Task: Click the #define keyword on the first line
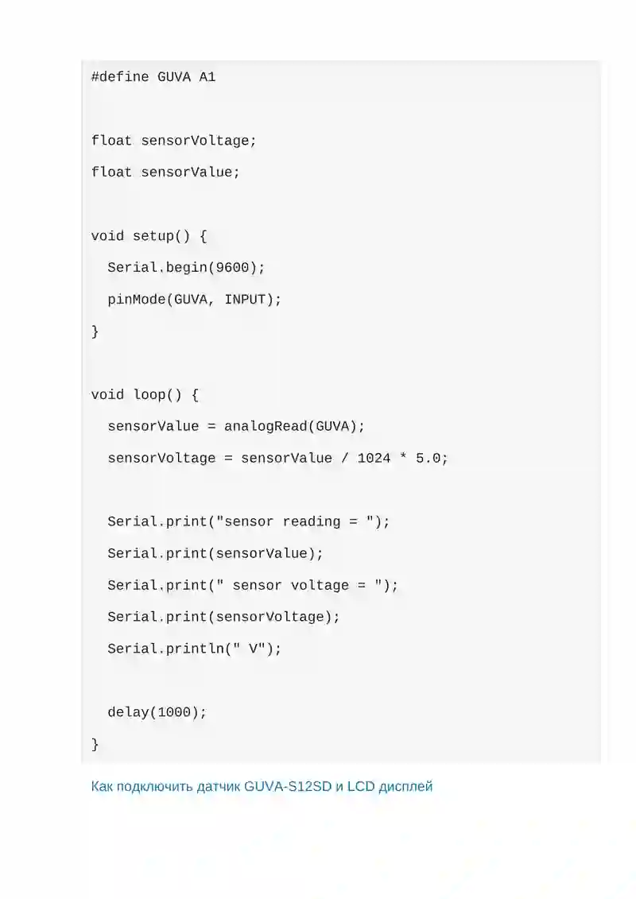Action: coord(120,77)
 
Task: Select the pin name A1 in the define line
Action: coord(207,77)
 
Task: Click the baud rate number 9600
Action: coord(232,268)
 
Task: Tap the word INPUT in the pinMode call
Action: coord(245,300)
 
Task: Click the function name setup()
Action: coord(161,236)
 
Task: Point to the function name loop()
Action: coord(157,395)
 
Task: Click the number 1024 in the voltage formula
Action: coord(374,458)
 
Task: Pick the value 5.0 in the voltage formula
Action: coord(428,458)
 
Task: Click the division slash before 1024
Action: coord(345,458)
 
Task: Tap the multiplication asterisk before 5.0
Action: coord(403,457)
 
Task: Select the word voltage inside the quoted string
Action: coord(320,585)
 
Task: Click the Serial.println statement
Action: coord(195,649)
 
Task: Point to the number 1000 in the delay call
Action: coord(174,712)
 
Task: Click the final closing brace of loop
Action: coord(95,744)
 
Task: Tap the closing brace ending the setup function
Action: coord(95,331)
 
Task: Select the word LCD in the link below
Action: coord(361,786)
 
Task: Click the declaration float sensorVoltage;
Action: coord(174,141)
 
